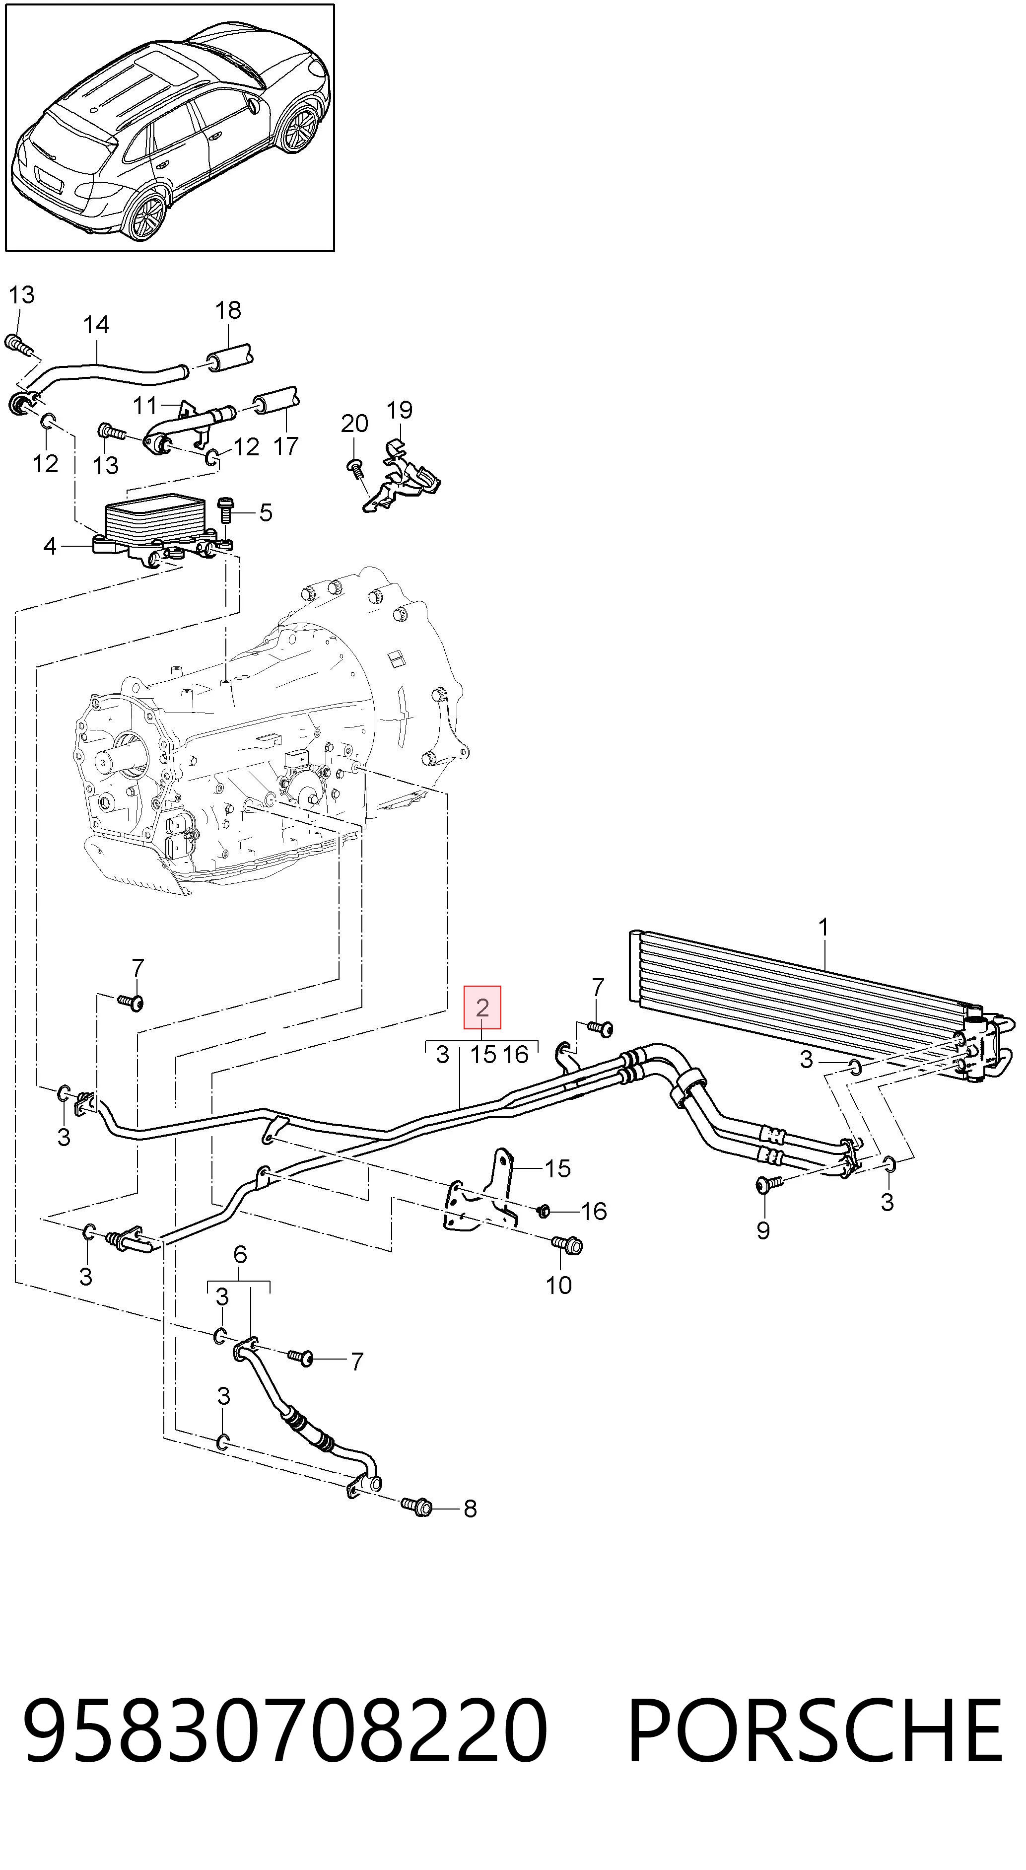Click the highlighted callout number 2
[x=482, y=1007]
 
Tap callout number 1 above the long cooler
[x=823, y=928]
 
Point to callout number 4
[x=49, y=546]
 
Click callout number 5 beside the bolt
[x=266, y=512]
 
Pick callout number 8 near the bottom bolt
[x=470, y=1509]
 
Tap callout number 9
[x=762, y=1230]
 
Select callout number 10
[x=559, y=1285]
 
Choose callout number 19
[x=400, y=410]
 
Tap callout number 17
[x=286, y=446]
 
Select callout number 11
[x=145, y=404]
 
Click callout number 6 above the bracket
[x=240, y=1254]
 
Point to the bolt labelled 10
[x=567, y=1244]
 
